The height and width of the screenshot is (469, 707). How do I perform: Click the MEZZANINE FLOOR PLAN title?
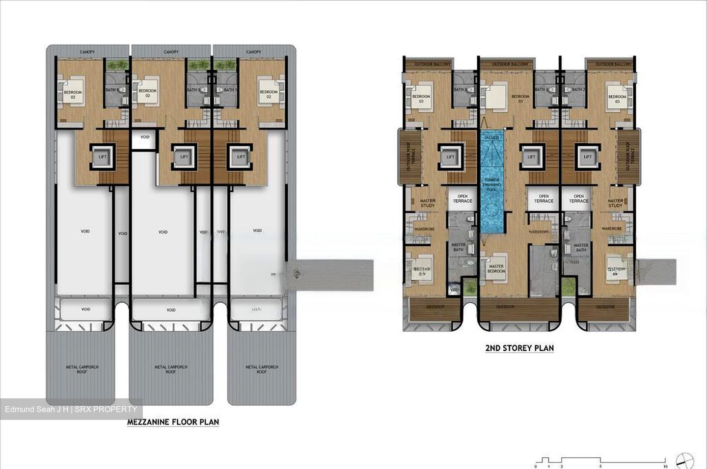click(x=173, y=422)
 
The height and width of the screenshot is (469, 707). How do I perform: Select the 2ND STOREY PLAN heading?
click(x=519, y=348)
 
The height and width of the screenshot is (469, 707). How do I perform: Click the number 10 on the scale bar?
click(x=665, y=467)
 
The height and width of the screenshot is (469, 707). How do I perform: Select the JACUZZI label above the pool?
click(x=492, y=138)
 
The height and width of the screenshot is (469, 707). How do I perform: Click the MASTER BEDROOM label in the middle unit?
click(x=496, y=269)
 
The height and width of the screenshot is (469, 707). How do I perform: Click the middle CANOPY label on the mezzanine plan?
click(x=171, y=52)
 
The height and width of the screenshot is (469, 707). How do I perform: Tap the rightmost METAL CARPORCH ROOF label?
click(x=262, y=369)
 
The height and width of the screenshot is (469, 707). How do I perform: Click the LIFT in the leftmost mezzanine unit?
click(x=103, y=157)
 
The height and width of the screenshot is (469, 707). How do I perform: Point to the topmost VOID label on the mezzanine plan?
click(x=144, y=137)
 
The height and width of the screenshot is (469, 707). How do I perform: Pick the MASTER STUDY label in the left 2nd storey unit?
click(x=428, y=203)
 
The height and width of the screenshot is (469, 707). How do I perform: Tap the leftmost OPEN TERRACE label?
click(x=462, y=199)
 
